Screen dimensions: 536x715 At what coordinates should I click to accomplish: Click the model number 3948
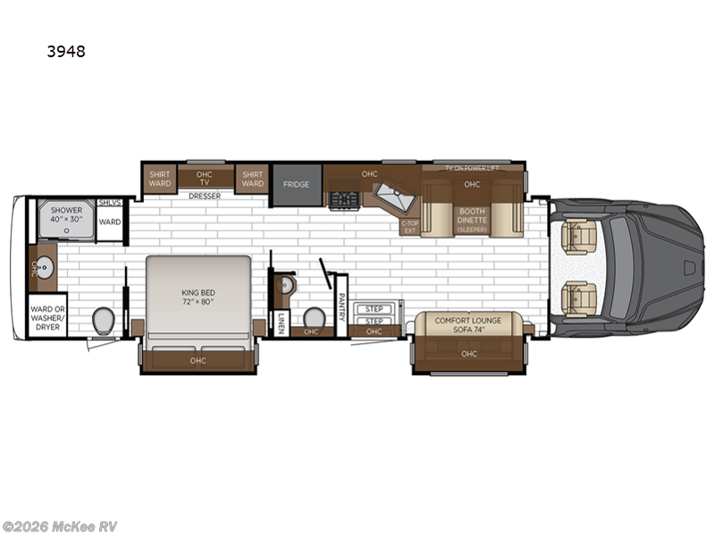(67, 51)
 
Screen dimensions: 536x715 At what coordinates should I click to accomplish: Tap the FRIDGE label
(296, 184)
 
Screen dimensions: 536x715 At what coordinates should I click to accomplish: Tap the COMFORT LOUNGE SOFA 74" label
(468, 324)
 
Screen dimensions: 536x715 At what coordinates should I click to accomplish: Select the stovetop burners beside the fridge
(343, 199)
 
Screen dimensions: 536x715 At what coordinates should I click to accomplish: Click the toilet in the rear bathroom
(103, 319)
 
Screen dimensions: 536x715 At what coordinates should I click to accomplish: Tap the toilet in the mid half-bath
(314, 317)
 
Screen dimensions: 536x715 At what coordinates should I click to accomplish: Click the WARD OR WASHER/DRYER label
(46, 314)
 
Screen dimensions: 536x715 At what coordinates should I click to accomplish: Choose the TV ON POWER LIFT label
(472, 168)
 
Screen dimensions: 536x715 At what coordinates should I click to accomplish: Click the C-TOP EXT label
(409, 227)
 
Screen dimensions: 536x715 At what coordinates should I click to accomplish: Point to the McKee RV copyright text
(60, 525)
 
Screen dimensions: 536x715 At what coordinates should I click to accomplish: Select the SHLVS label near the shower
(110, 203)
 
